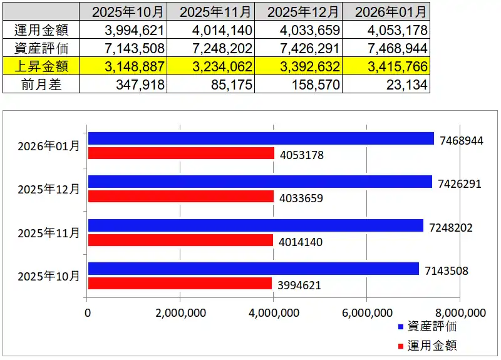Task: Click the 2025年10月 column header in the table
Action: click(x=123, y=11)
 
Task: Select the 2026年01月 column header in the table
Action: click(x=387, y=11)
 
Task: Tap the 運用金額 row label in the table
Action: click(x=41, y=29)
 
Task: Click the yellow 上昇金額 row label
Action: click(x=41, y=66)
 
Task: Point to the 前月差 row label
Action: click(x=41, y=84)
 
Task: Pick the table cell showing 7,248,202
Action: click(x=210, y=48)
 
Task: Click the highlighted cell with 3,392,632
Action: click(x=299, y=66)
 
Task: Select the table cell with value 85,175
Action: click(x=210, y=84)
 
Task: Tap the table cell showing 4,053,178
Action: click(x=387, y=29)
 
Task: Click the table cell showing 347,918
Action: click(x=123, y=84)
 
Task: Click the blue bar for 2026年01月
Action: click(x=261, y=139)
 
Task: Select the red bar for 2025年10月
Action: click(x=180, y=284)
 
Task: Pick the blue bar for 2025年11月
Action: click(x=256, y=226)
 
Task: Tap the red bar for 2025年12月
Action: click(x=181, y=197)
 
